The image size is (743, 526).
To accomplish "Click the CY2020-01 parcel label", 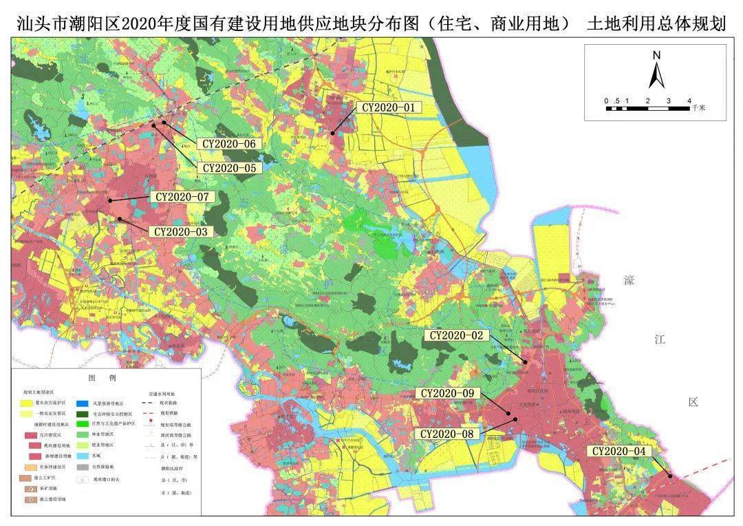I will click(x=389, y=107).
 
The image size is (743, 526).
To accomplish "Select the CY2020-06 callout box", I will click(x=228, y=144).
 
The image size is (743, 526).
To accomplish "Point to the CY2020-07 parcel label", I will click(x=182, y=197).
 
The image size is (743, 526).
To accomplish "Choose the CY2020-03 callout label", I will click(x=180, y=231).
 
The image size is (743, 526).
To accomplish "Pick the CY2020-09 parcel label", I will click(x=448, y=393).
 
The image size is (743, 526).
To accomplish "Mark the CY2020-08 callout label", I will click(x=448, y=434).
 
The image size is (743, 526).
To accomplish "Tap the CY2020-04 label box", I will click(x=620, y=451).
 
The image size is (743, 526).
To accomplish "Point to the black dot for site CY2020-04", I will click(x=670, y=475).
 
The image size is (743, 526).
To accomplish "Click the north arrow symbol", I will click(x=656, y=76).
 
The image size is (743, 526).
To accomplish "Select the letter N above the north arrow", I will click(x=656, y=55).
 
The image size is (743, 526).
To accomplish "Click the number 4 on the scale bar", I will click(x=689, y=101).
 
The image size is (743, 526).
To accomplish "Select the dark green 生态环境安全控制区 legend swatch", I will click(x=80, y=414).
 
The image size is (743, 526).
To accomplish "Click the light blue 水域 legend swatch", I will click(x=80, y=456).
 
